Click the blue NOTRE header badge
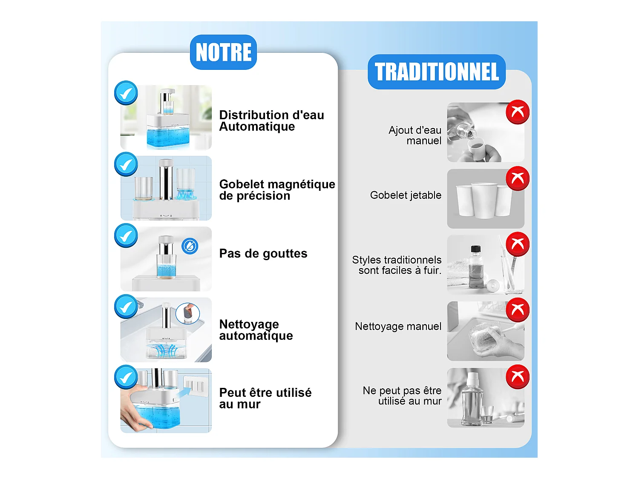click(x=223, y=52)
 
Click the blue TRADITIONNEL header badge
click(x=437, y=72)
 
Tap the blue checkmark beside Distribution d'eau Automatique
click(x=126, y=93)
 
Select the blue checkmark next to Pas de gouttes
click(x=126, y=235)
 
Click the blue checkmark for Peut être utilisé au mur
click(x=126, y=377)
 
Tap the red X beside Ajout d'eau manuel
click(x=518, y=112)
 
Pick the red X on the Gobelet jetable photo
click(x=518, y=178)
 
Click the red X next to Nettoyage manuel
click(x=518, y=310)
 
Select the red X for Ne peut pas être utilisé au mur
click(x=518, y=376)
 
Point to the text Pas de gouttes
click(x=263, y=254)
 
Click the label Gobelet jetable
click(x=406, y=195)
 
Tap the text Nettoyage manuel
click(x=398, y=327)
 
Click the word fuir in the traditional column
click(x=432, y=271)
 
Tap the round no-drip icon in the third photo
click(x=190, y=246)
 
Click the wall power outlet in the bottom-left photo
click(x=196, y=386)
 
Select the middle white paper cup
click(x=484, y=200)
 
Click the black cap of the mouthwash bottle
click(x=475, y=249)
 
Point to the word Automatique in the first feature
click(x=257, y=127)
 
